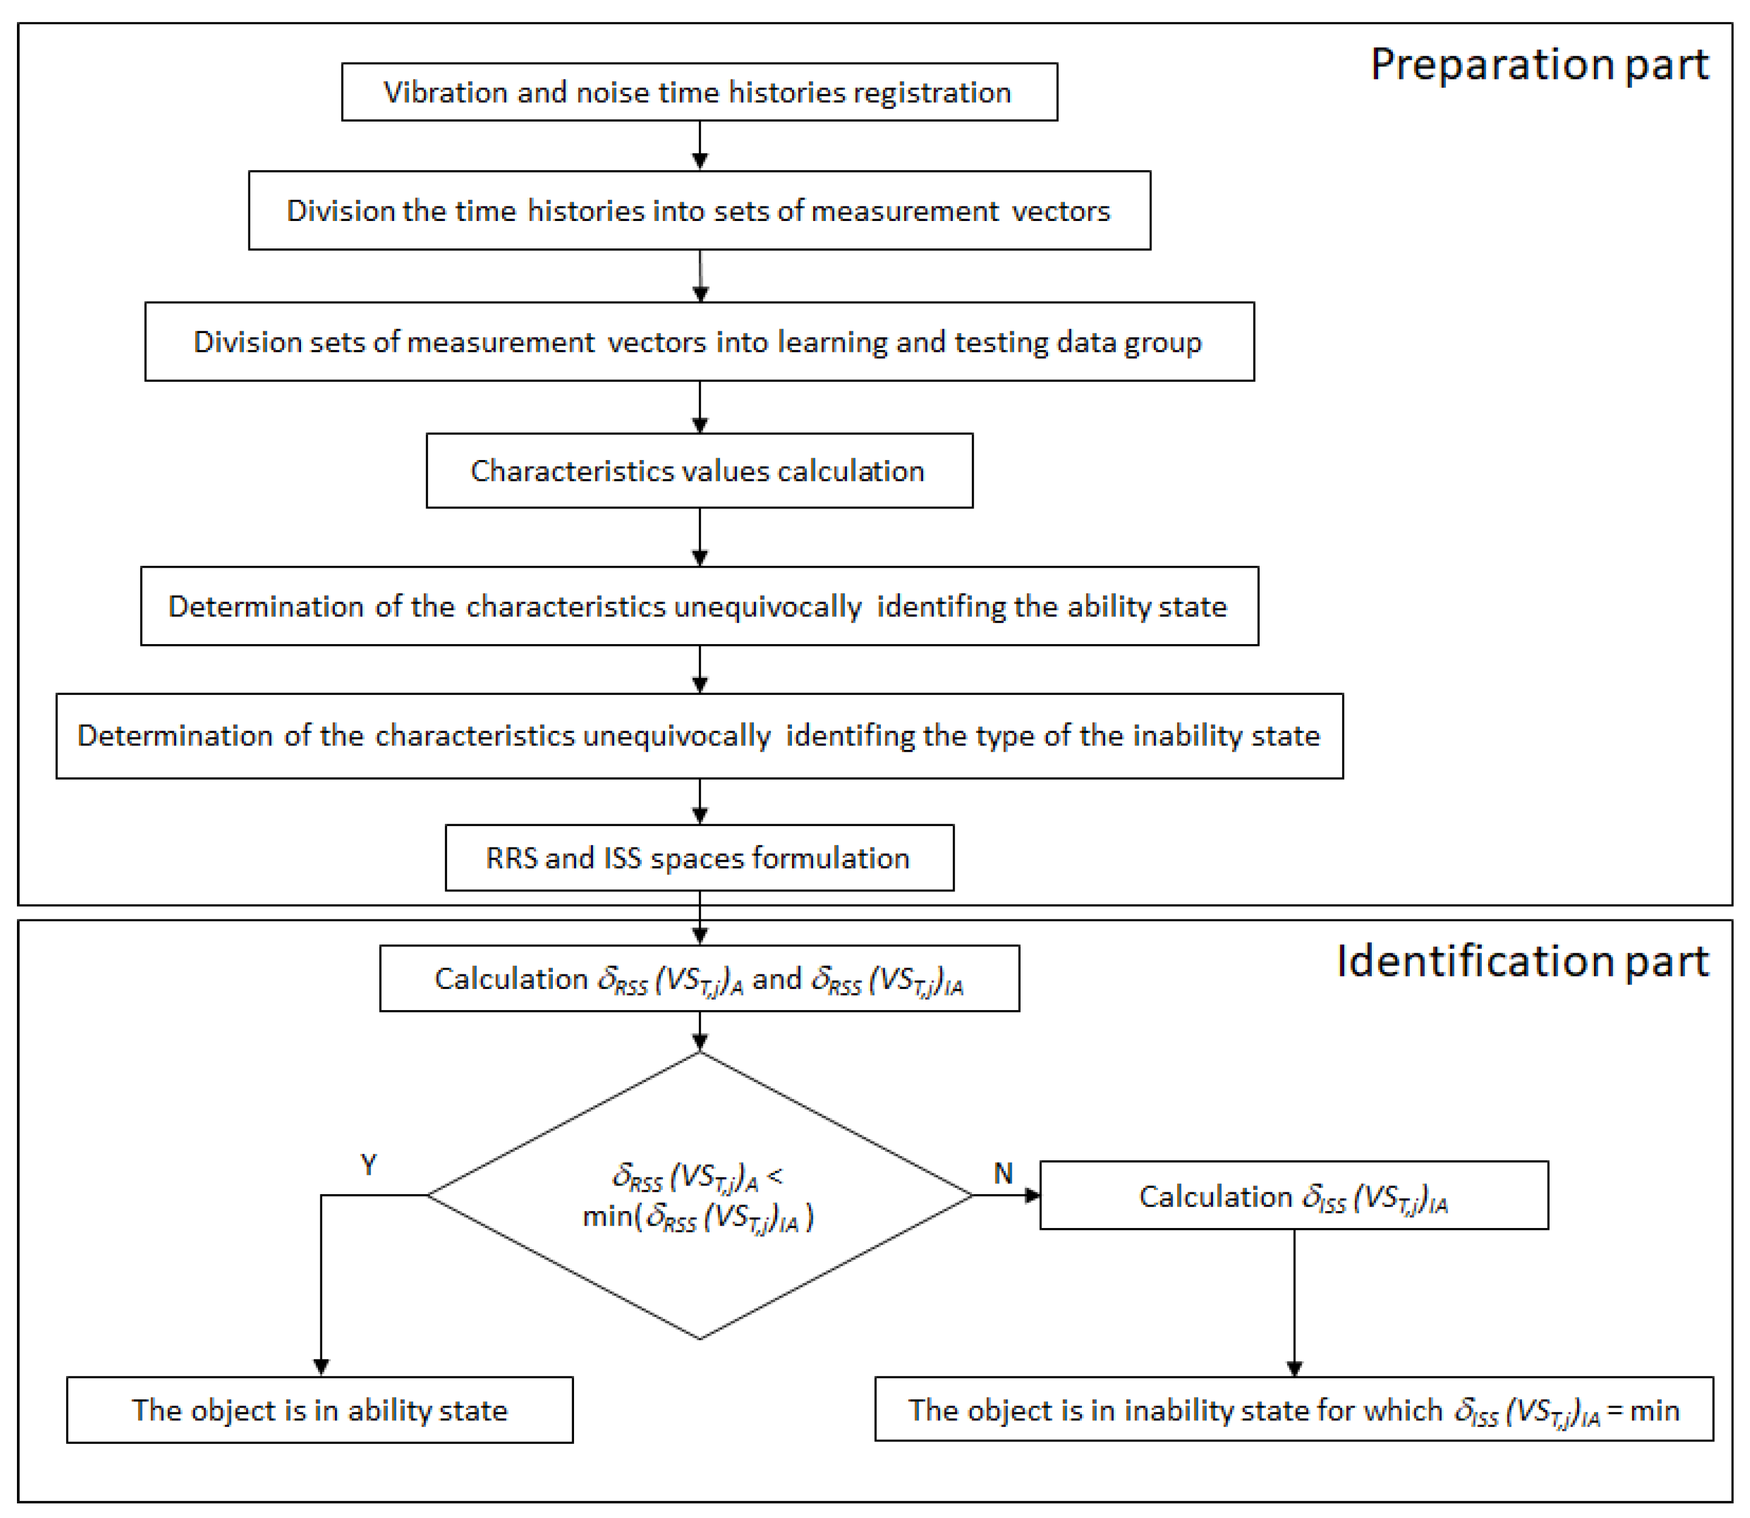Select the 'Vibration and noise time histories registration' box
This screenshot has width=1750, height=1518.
tap(699, 92)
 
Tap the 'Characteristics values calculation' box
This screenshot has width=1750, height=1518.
tap(699, 471)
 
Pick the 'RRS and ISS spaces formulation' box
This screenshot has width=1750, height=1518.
tap(699, 858)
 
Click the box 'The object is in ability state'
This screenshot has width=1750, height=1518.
tap(319, 1410)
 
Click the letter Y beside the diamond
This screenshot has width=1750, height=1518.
tap(368, 1165)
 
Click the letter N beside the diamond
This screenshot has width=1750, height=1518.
tap(1003, 1173)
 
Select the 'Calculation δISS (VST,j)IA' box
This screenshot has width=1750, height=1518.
tap(1294, 1196)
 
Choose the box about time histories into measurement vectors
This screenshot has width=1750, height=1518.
tap(699, 211)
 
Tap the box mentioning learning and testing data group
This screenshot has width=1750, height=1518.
tap(699, 342)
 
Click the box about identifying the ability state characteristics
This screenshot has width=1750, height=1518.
tap(699, 607)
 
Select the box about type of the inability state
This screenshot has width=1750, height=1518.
tap(699, 736)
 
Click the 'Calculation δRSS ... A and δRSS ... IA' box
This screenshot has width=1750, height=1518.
tap(699, 979)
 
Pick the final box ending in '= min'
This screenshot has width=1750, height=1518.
tap(1294, 1410)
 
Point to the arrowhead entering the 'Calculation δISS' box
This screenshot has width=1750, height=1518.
tap(1033, 1195)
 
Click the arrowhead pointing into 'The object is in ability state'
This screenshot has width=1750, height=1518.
tap(321, 1368)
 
